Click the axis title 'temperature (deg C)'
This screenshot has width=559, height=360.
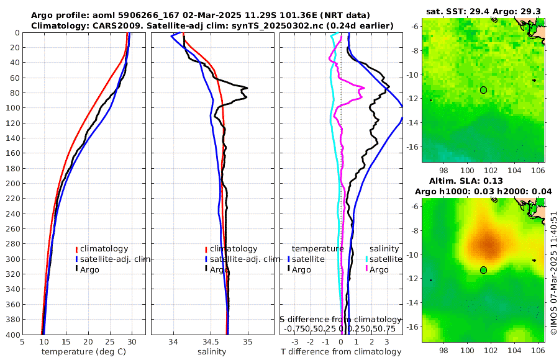[84, 351]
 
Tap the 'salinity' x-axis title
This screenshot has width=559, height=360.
[212, 351]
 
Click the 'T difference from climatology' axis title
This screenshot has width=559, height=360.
[341, 351]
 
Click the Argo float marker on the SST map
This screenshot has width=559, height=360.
[483, 89]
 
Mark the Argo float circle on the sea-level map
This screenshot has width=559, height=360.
[483, 269]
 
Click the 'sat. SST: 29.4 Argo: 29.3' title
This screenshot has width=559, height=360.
[483, 11]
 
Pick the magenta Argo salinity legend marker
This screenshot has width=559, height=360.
[366, 269]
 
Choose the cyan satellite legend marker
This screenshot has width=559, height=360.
[366, 259]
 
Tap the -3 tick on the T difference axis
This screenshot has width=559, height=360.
[294, 341]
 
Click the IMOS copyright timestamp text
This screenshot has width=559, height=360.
[554, 273]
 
